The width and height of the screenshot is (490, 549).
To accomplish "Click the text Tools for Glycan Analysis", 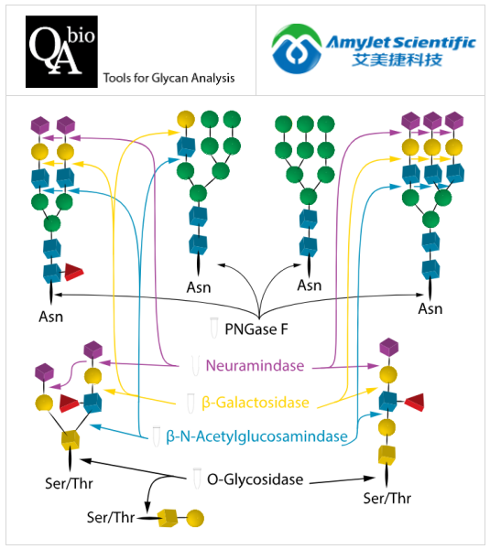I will (x=169, y=78).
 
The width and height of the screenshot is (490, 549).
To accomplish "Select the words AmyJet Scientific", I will (x=399, y=42).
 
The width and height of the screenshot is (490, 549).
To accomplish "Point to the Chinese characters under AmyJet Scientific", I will (x=387, y=62).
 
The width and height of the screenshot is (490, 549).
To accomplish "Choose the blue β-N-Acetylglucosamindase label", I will (x=257, y=436).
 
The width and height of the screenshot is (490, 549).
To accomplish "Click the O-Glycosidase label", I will (x=256, y=479).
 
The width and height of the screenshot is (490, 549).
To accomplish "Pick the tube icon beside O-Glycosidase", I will (x=196, y=479).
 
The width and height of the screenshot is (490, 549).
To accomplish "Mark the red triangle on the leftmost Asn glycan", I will (x=74, y=272).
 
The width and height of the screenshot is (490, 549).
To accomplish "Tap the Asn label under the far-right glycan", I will (x=430, y=308).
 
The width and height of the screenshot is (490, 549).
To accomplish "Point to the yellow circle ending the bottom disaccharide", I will (x=196, y=519).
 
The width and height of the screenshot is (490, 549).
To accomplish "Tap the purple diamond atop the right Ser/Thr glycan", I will (x=389, y=345).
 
